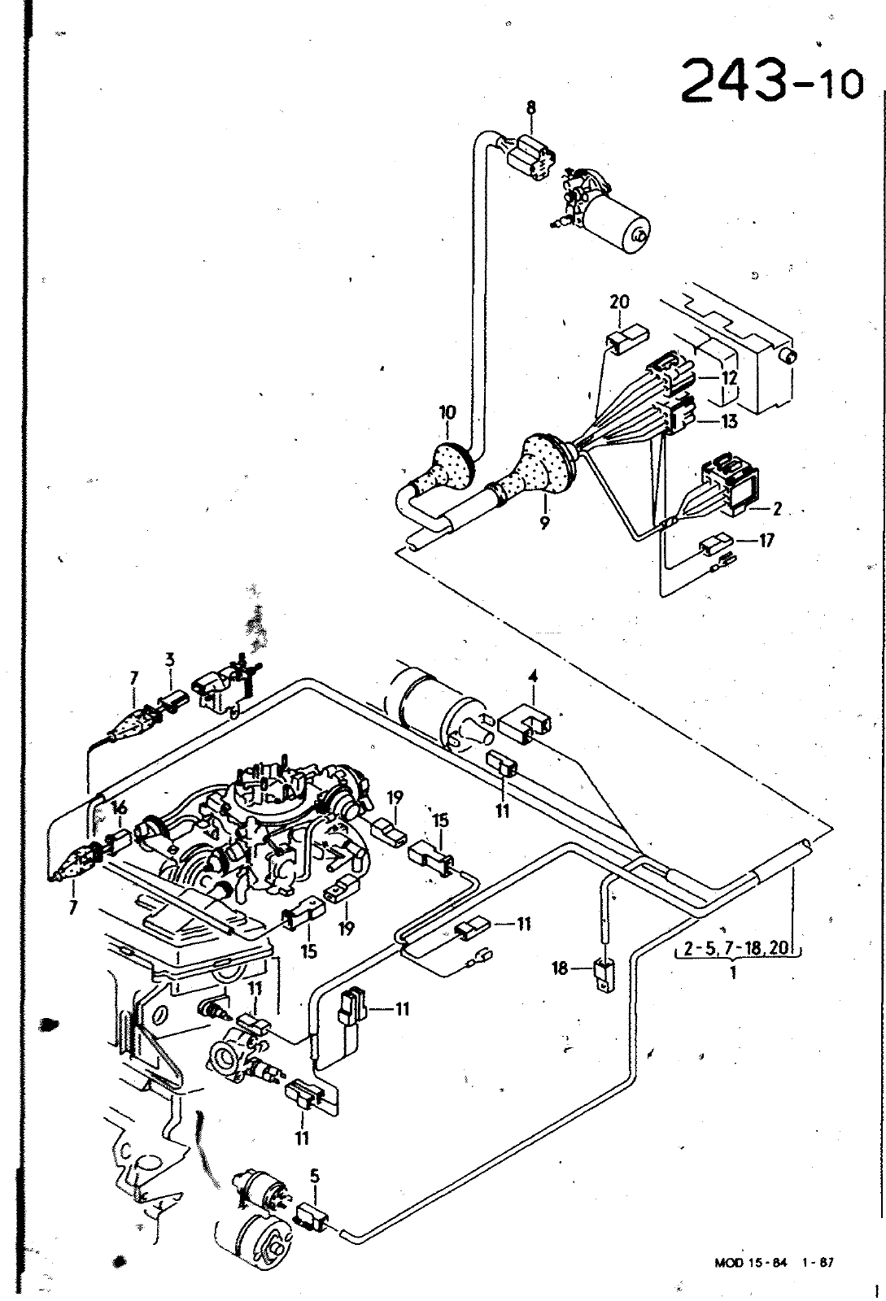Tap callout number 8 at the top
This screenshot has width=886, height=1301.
(x=531, y=107)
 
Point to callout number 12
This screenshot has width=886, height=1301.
(x=728, y=377)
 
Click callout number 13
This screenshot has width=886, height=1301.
(x=729, y=420)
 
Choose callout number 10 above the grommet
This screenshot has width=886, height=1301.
(x=447, y=413)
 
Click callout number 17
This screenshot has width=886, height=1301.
(x=766, y=539)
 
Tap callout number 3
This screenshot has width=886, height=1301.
(x=169, y=660)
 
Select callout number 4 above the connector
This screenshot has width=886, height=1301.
(x=532, y=696)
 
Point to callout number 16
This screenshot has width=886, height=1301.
(x=120, y=807)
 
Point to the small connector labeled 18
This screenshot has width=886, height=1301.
(x=604, y=974)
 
